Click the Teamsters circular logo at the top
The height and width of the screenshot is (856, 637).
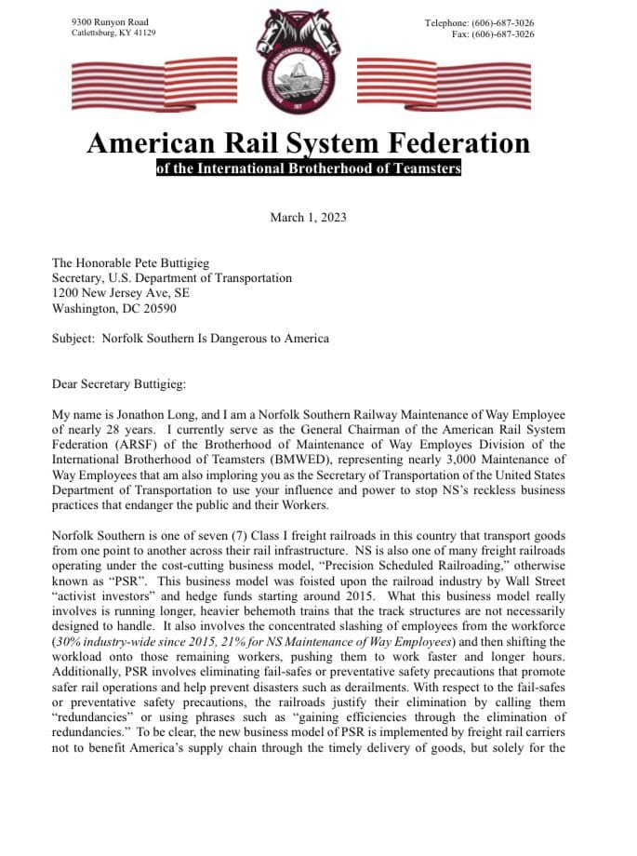[x=310, y=58]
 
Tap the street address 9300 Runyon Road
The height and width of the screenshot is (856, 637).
[x=110, y=21]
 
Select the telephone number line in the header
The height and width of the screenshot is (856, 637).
[x=479, y=22]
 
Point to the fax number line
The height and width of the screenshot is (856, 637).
[x=492, y=33]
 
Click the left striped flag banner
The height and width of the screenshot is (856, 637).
[x=154, y=82]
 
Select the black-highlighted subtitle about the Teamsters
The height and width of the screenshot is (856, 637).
[x=308, y=169]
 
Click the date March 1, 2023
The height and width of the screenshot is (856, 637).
[x=308, y=217]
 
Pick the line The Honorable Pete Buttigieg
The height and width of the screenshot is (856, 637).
[x=138, y=262]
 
